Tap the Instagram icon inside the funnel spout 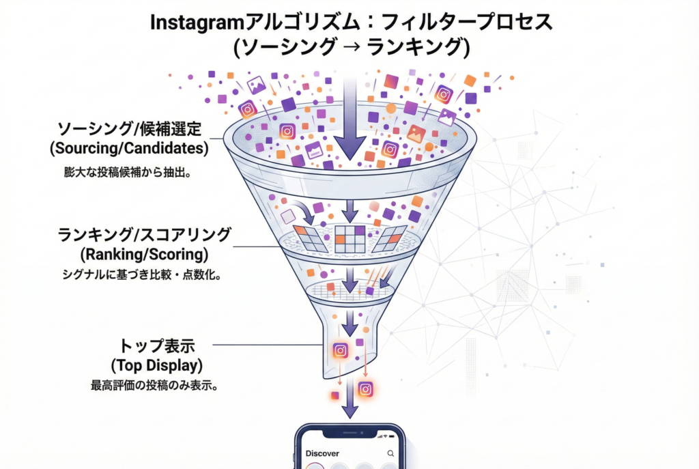[x=341, y=351]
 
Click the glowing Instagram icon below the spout [x=366, y=389]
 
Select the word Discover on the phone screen [x=322, y=453]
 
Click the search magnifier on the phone [x=390, y=453]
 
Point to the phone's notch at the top [x=350, y=432]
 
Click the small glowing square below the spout [x=334, y=395]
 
